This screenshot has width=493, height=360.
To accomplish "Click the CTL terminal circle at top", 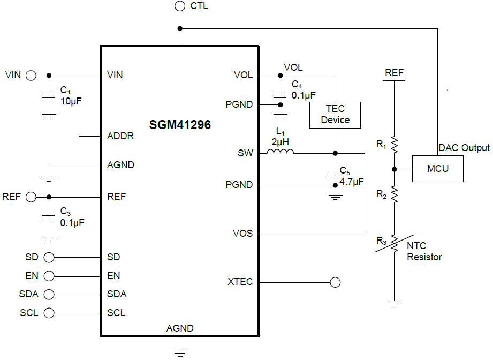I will pyautogui.click(x=180, y=6).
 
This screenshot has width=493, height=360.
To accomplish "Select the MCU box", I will pyautogui.click(x=437, y=169).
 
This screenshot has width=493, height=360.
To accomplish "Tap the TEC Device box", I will pyautogui.click(x=335, y=115).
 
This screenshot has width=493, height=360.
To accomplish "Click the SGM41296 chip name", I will pyautogui.click(x=180, y=125).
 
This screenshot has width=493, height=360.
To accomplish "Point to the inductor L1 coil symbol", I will pyautogui.click(x=280, y=153).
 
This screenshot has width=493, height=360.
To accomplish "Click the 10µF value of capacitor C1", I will pyautogui.click(x=72, y=100).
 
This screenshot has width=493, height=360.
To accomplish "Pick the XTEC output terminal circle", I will pyautogui.click(x=336, y=282).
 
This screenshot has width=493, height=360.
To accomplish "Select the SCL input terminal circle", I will pyautogui.click(x=49, y=313).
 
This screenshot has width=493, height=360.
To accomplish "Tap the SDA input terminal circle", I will pyautogui.click(x=49, y=294).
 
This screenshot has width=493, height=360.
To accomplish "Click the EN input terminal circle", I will pyautogui.click(x=49, y=276).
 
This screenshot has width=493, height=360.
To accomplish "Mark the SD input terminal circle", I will pyautogui.click(x=49, y=257).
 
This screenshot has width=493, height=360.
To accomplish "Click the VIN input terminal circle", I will pyautogui.click(x=31, y=75).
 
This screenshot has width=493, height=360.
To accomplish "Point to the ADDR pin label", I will pyautogui.click(x=120, y=136).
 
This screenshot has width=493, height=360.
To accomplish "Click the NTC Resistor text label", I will pyautogui.click(x=424, y=252).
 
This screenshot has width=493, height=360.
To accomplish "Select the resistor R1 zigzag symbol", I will pyautogui.click(x=395, y=144).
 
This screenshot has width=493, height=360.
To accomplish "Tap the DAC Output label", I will pyautogui.click(x=464, y=148).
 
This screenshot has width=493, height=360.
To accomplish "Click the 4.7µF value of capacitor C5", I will pyautogui.click(x=351, y=182).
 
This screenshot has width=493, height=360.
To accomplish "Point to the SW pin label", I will pyautogui.click(x=245, y=153).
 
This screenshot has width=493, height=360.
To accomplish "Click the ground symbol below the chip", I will pyautogui.click(x=180, y=351).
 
